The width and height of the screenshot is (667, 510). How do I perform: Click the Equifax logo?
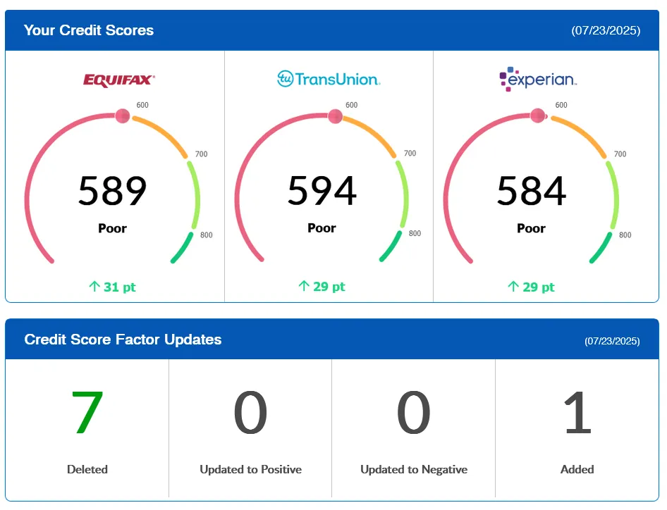(118, 80)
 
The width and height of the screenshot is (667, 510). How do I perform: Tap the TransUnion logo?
(329, 78)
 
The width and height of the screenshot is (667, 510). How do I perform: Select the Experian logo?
(538, 79)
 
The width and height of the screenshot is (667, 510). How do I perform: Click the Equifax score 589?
(113, 190)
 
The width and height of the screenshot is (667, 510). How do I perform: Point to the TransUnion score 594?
(322, 190)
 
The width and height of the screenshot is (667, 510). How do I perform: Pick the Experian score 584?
(532, 190)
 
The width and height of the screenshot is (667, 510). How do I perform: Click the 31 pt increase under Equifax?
(113, 287)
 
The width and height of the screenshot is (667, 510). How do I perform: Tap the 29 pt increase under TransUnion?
(322, 287)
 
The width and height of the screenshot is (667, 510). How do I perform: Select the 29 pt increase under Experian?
(532, 287)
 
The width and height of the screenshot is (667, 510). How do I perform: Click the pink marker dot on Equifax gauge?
(123, 116)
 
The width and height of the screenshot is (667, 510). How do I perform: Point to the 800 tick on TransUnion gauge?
(415, 233)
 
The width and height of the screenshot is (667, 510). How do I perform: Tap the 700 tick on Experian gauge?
(620, 154)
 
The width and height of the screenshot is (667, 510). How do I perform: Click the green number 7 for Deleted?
(87, 413)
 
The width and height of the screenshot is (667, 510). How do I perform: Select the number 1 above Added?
(577, 413)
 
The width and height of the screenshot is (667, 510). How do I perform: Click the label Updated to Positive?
(250, 469)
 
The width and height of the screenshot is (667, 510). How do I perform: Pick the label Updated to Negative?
(414, 469)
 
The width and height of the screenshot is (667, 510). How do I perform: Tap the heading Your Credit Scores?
(89, 30)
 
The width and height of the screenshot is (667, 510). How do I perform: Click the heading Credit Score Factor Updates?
(123, 340)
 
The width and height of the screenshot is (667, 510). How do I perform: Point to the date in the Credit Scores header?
(606, 31)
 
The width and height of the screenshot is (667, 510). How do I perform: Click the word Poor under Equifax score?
(113, 228)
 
